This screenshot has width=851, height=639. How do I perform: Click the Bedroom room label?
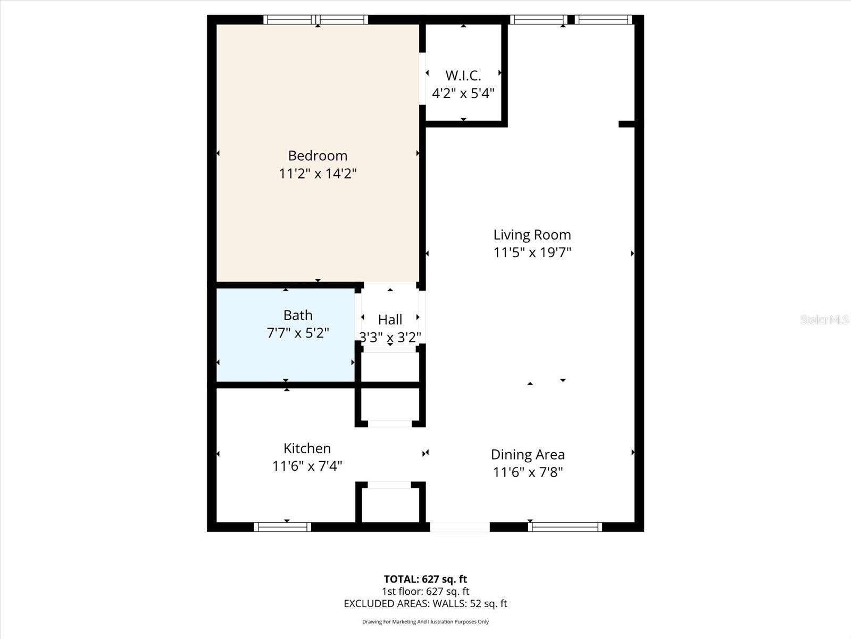[x=318, y=155]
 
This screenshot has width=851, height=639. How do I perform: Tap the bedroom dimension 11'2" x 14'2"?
[x=318, y=174]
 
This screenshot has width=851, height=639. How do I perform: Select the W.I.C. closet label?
[x=463, y=76]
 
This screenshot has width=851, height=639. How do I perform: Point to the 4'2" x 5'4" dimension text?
[x=463, y=94]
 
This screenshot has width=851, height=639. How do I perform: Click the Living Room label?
[x=532, y=235]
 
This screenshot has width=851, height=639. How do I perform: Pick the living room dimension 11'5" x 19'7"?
[x=532, y=252]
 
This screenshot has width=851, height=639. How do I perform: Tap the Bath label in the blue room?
[x=298, y=315]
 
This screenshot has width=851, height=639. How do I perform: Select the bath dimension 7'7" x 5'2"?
[x=298, y=333]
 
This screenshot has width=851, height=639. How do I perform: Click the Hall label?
[x=390, y=319]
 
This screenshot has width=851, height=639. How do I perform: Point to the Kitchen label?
[x=307, y=448]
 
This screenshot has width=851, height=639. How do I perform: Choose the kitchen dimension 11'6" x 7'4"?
[x=307, y=466]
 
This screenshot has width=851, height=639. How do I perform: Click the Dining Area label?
[x=528, y=455]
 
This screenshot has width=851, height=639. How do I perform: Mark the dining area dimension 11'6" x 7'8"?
[x=528, y=472]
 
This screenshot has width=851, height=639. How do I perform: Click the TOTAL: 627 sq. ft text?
[x=425, y=579]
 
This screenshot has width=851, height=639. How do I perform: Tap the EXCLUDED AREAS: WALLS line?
[x=425, y=603]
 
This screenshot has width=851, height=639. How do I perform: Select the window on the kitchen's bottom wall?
[x=282, y=527]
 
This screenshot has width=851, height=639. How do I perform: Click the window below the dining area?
[x=565, y=527]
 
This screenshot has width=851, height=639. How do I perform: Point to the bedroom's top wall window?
[x=316, y=20]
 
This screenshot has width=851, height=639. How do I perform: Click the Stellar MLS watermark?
[x=824, y=319]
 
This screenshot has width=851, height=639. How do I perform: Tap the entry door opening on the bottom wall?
[x=460, y=527]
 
